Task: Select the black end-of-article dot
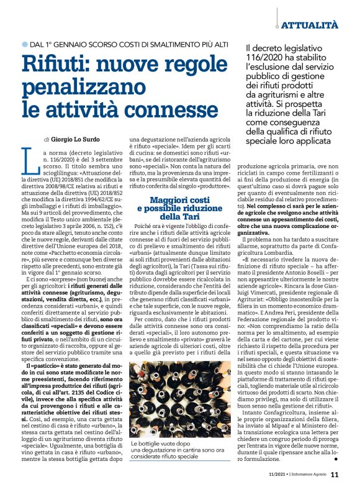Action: pyautogui.click(x=336, y=460)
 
